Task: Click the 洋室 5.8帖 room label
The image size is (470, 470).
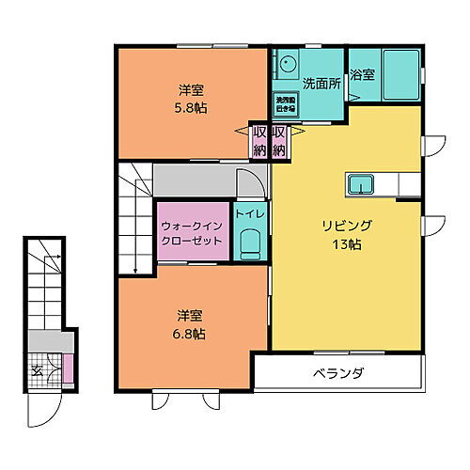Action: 193,99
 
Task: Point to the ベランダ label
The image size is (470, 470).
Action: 338,374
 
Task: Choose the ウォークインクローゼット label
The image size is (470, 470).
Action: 193,233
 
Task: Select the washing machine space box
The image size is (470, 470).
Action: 286,103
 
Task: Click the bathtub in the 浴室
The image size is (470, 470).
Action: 400,70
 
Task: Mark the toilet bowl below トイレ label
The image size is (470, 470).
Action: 250,245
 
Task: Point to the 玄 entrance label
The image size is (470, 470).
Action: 38,368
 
